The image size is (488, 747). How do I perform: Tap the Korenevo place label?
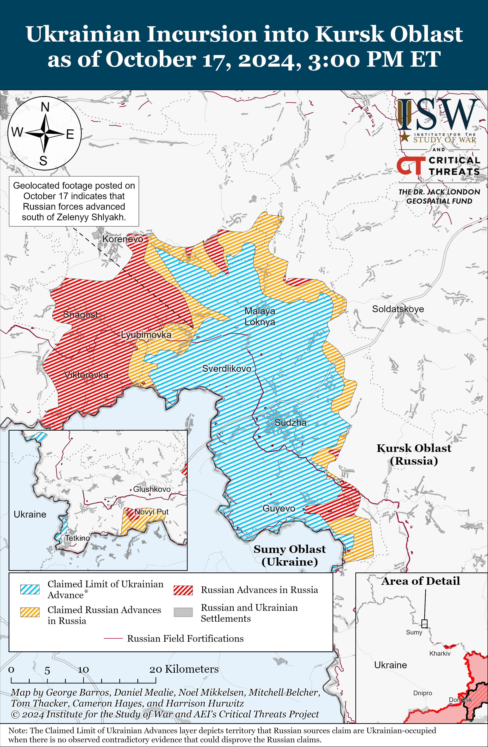click(x=123, y=239)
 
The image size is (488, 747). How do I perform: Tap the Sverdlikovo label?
click(x=226, y=369)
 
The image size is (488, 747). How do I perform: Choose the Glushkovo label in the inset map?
click(x=152, y=489)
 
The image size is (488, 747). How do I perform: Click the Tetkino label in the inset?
click(x=77, y=538)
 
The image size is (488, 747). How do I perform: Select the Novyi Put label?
click(x=152, y=512)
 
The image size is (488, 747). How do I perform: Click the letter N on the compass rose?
click(x=45, y=107)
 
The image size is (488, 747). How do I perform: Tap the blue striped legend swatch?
click(x=30, y=589)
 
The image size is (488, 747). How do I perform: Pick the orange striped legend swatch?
click(x=30, y=612)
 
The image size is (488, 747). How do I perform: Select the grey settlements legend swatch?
click(x=183, y=612)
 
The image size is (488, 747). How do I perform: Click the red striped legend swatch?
click(x=183, y=590)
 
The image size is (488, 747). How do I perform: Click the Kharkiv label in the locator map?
click(x=440, y=654)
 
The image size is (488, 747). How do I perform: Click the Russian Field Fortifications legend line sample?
click(x=113, y=639)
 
